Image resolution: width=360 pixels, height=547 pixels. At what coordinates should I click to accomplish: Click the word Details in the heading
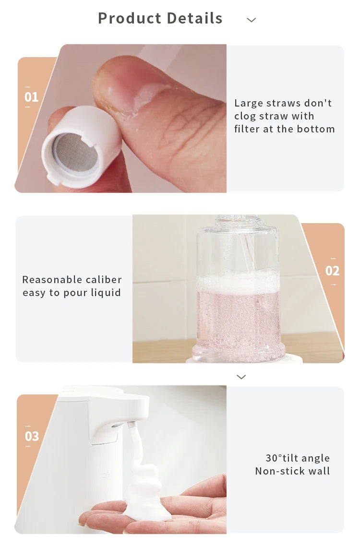point(192,18)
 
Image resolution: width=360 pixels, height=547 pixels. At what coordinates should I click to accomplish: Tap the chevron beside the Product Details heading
point(251,20)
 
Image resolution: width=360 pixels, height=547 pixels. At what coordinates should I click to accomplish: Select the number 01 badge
point(31,97)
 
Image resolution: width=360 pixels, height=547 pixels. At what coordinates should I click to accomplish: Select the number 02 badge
point(332,271)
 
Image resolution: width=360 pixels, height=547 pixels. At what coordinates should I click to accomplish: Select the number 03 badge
point(32,437)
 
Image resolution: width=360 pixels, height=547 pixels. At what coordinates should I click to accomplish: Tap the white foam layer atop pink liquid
point(238,284)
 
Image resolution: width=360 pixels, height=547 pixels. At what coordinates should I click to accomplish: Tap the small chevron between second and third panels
point(241,377)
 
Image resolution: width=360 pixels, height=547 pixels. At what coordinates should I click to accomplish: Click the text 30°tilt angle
point(298,458)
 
